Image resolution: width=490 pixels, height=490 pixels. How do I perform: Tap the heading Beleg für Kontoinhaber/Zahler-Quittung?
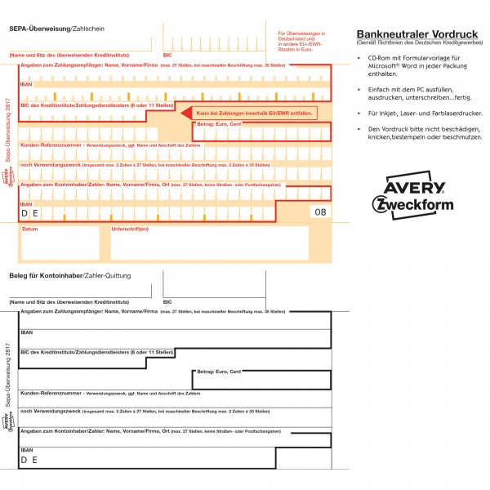click(x=69, y=275)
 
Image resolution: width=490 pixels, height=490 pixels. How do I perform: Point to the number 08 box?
click(x=319, y=212)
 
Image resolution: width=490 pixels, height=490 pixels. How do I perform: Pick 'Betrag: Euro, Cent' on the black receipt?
click(x=219, y=372)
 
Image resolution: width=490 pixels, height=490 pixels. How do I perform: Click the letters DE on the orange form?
click(x=29, y=213)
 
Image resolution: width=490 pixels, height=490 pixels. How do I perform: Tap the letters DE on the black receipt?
click(x=29, y=461)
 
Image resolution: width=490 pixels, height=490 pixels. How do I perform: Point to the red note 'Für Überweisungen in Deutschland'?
click(x=296, y=38)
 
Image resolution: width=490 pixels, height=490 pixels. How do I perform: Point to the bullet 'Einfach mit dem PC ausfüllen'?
click(x=421, y=91)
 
